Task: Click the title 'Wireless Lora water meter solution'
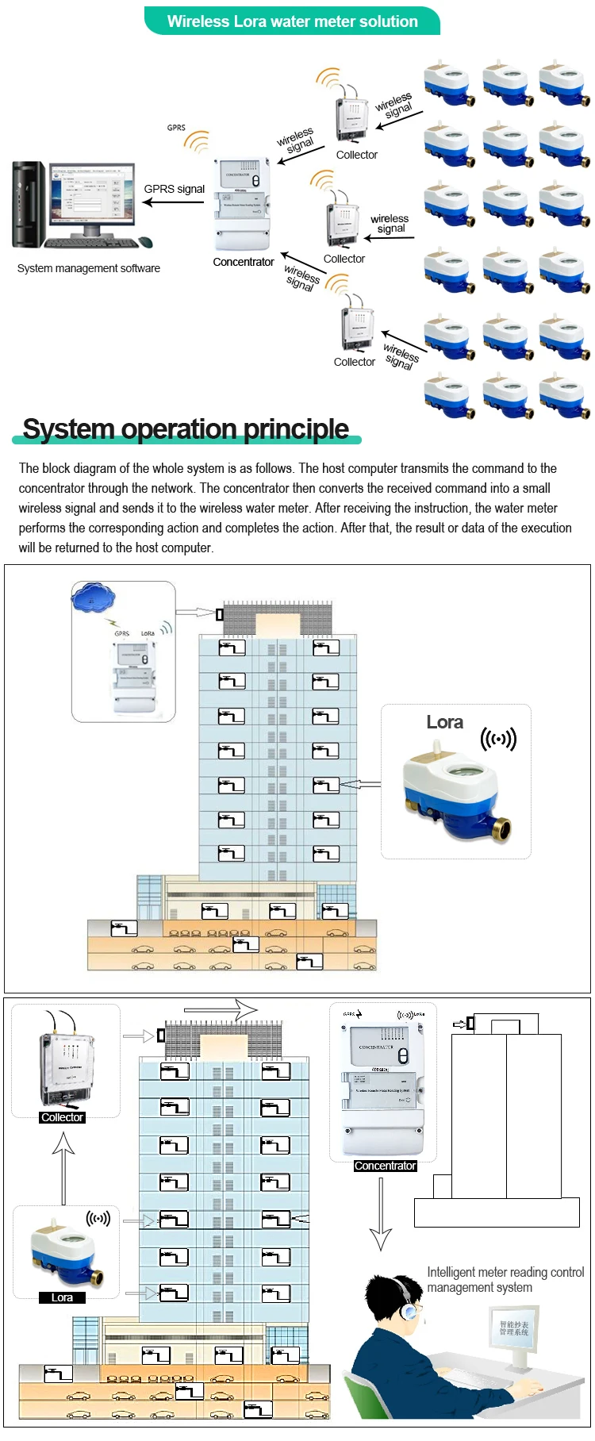pyautogui.click(x=292, y=21)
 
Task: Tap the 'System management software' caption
pyautogui.click(x=89, y=268)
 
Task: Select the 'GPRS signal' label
pyautogui.click(x=175, y=189)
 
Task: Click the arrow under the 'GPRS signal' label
pyautogui.click(x=173, y=202)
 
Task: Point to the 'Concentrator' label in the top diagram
pyautogui.click(x=244, y=262)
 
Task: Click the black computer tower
pyautogui.click(x=29, y=204)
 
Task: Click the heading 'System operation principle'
pyautogui.click(x=186, y=428)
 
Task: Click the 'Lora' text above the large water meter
pyautogui.click(x=444, y=722)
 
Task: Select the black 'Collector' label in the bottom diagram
pyautogui.click(x=62, y=1117)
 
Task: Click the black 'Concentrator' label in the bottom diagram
pyautogui.click(x=385, y=1166)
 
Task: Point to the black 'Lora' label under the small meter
pyautogui.click(x=62, y=1297)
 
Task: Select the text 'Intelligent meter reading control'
pyautogui.click(x=505, y=1272)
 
